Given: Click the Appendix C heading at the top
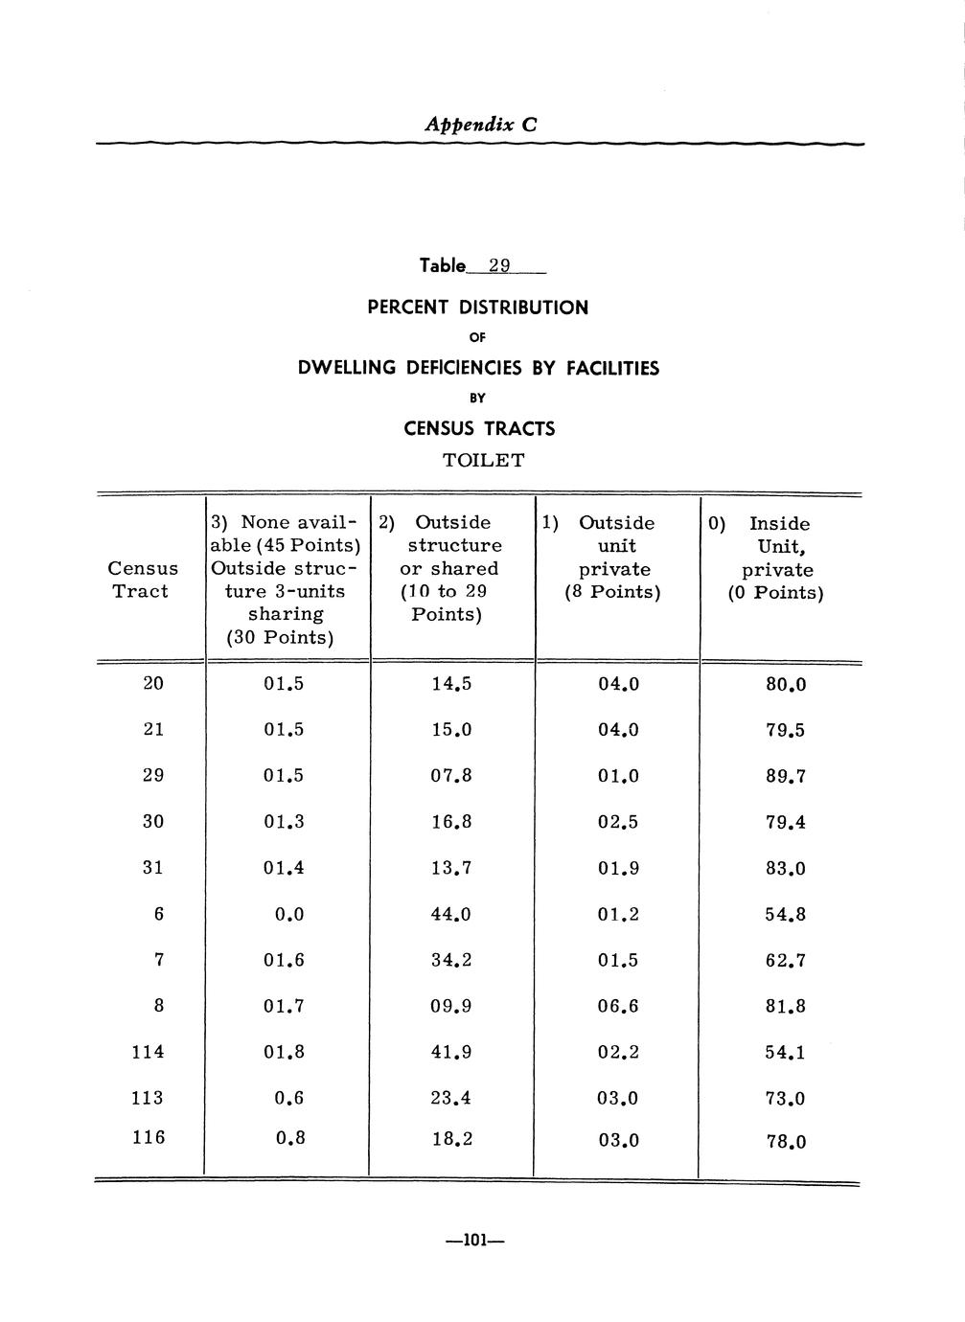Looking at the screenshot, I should tap(481, 125).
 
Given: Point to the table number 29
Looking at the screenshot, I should tap(499, 265).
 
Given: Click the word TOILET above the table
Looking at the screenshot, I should tap(483, 460).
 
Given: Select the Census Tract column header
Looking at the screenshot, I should tap(144, 580).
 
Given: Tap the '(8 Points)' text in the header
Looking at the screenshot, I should tap(612, 592).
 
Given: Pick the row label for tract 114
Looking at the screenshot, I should tap(148, 1052).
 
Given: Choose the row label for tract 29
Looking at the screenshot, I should tap(153, 775).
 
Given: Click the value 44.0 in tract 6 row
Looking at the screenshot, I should tap(450, 915).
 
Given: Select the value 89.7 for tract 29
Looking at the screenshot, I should tap(785, 777).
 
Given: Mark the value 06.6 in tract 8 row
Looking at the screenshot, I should tap(617, 1007).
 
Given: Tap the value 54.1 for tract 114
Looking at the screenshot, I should tap(785, 1053).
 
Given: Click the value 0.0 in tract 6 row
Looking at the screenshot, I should tap(289, 915).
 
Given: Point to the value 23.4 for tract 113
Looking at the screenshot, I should tap(450, 1099).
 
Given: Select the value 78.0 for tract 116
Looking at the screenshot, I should tap(785, 1142).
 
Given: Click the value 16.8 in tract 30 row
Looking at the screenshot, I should tap(450, 822).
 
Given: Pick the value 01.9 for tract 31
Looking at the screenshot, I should tap(617, 869).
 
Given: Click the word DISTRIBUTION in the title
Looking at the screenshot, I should tap(523, 308).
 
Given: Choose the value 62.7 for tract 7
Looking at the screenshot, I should tap(785, 961).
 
